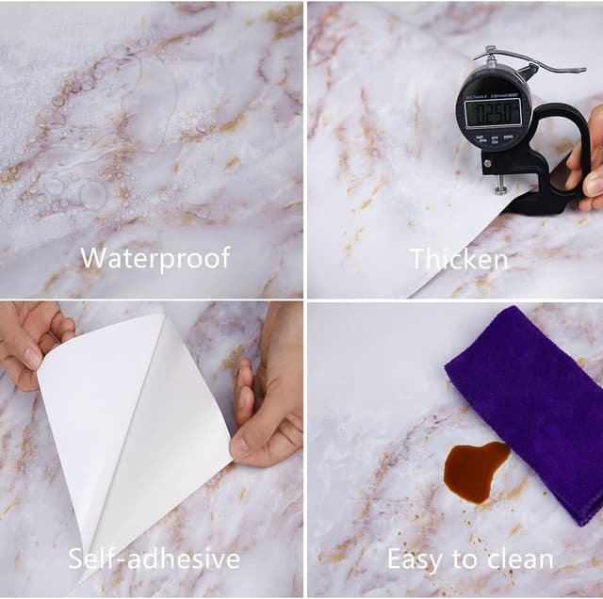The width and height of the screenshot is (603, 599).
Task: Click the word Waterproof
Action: pyautogui.click(x=155, y=259)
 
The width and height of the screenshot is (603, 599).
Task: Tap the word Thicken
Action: pyautogui.click(x=460, y=259)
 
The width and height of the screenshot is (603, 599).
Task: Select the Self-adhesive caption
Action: pyautogui.click(x=154, y=559)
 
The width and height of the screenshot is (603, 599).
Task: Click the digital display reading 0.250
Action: pyautogui.click(x=493, y=112)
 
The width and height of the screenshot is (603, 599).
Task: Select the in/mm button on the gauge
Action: pyautogui.click(x=481, y=138)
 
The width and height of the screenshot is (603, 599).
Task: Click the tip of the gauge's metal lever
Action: pyautogui.click(x=583, y=71)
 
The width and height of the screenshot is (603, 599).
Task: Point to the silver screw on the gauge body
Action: pyautogui.click(x=488, y=163)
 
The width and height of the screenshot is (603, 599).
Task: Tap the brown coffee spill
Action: pyautogui.click(x=475, y=471)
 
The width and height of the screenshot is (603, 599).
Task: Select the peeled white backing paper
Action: pyautogui.click(x=135, y=434)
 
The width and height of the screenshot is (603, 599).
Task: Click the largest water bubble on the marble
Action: pyautogui.click(x=93, y=195)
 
